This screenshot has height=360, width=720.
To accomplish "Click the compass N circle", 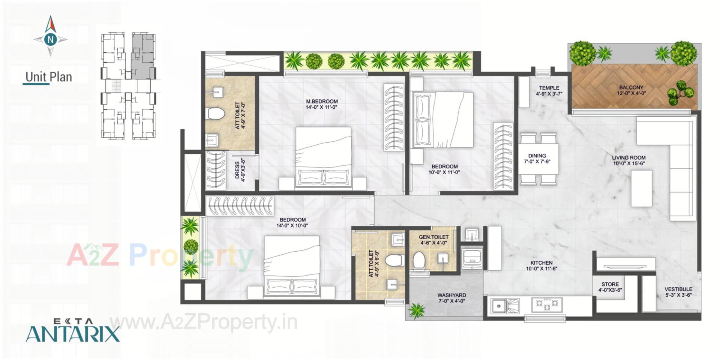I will tap(51, 39).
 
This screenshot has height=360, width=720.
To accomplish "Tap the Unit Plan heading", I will tap(48, 77).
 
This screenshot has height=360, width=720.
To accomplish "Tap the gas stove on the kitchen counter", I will tap(547, 304).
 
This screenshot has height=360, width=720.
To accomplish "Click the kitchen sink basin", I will tap(499, 306).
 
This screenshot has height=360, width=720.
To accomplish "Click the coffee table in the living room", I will tap(641, 188).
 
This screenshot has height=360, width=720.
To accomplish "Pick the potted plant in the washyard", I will tap(417, 311).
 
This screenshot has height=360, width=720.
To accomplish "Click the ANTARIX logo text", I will tap(73, 333).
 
